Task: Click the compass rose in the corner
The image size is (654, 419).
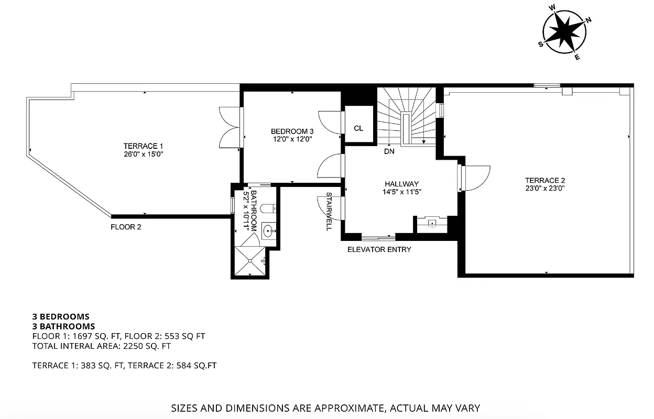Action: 564,31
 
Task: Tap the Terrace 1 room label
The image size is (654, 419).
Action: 140,146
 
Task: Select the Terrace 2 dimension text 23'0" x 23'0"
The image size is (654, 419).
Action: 545,188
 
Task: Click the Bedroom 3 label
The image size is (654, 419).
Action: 292,131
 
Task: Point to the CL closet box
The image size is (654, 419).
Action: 358,128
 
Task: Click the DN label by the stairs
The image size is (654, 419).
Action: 389,152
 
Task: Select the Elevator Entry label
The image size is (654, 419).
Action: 379,249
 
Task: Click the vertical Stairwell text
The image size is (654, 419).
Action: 329,211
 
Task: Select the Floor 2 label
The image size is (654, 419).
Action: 126,227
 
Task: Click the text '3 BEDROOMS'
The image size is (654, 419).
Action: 61,316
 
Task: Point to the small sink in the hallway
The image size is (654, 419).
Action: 432,224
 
